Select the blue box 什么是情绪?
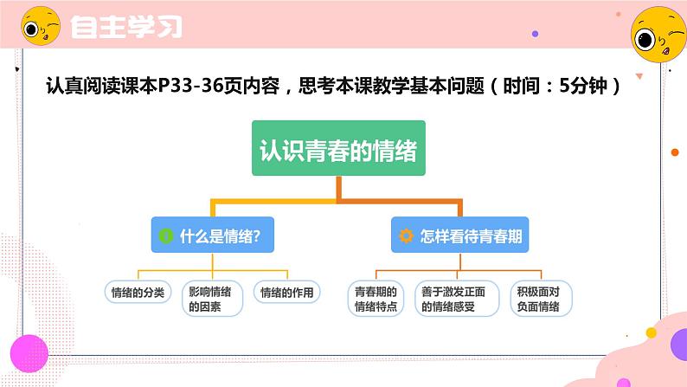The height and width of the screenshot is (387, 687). coord(212,235)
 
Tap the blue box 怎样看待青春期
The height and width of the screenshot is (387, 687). coord(459,235)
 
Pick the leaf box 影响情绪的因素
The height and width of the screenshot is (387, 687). coord(213,298)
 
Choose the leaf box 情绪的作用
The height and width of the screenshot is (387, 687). coord(286,292)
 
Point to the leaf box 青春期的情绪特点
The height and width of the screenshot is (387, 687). coord(376,298)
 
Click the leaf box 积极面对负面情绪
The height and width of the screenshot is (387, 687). coord(536,298)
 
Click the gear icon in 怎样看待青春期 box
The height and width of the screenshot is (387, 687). coord(406,235)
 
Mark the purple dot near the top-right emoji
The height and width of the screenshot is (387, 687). coord(535,34)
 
